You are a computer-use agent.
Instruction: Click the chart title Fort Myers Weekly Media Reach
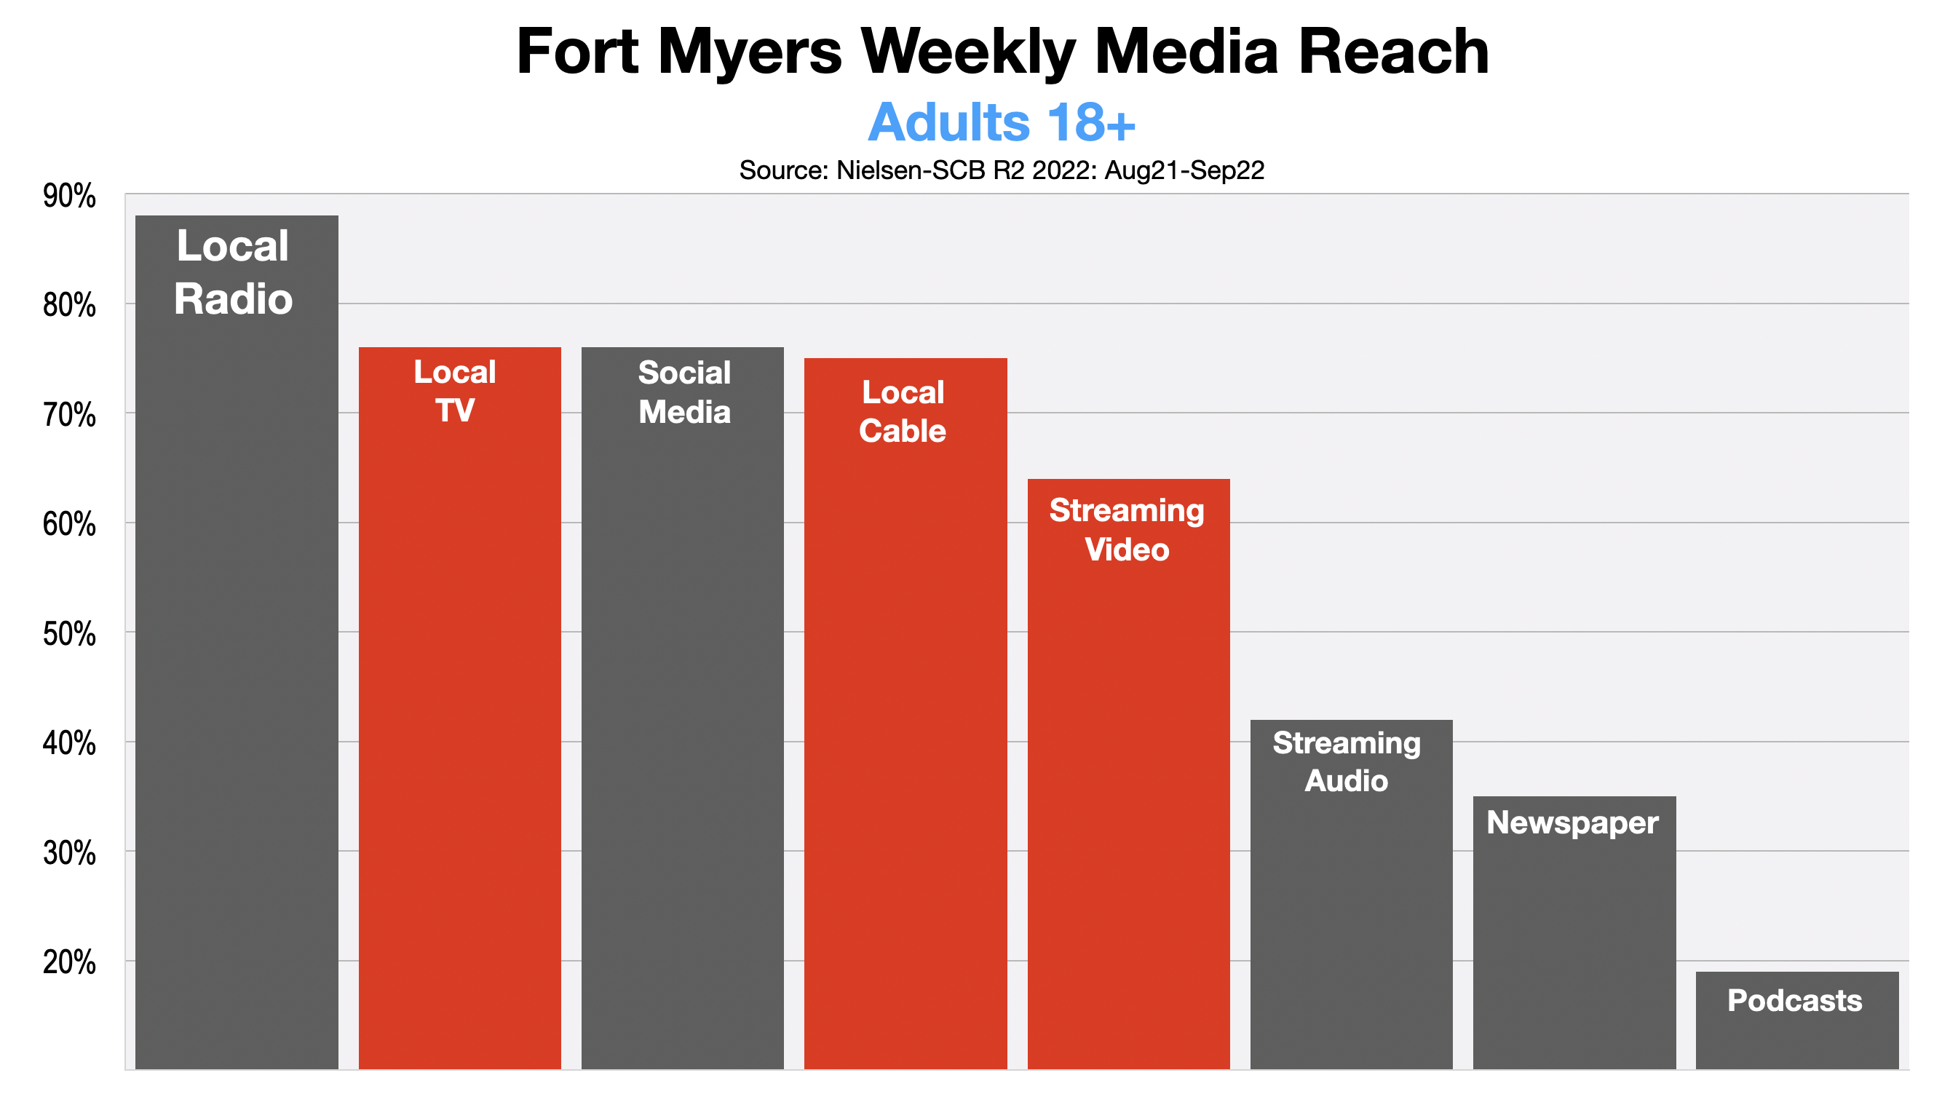(x=1002, y=52)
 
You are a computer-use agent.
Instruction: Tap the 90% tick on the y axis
(x=70, y=197)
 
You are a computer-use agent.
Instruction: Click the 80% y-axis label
(x=70, y=306)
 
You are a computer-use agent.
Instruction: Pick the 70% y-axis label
(x=70, y=416)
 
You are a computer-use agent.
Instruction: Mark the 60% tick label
(x=70, y=525)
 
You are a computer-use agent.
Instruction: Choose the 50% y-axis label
(x=70, y=634)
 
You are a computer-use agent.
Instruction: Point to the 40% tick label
(x=70, y=743)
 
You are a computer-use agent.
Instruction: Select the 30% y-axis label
(x=70, y=853)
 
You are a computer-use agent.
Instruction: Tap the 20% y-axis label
(x=70, y=963)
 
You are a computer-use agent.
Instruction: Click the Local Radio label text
(x=233, y=272)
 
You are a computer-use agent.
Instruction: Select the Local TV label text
(x=455, y=392)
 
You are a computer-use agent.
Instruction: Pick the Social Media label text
(x=684, y=392)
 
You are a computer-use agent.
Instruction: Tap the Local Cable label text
(x=902, y=412)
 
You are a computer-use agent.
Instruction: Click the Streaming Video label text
(x=1127, y=530)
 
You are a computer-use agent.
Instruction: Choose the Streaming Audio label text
(x=1347, y=761)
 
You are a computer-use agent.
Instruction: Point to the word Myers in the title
(x=749, y=52)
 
